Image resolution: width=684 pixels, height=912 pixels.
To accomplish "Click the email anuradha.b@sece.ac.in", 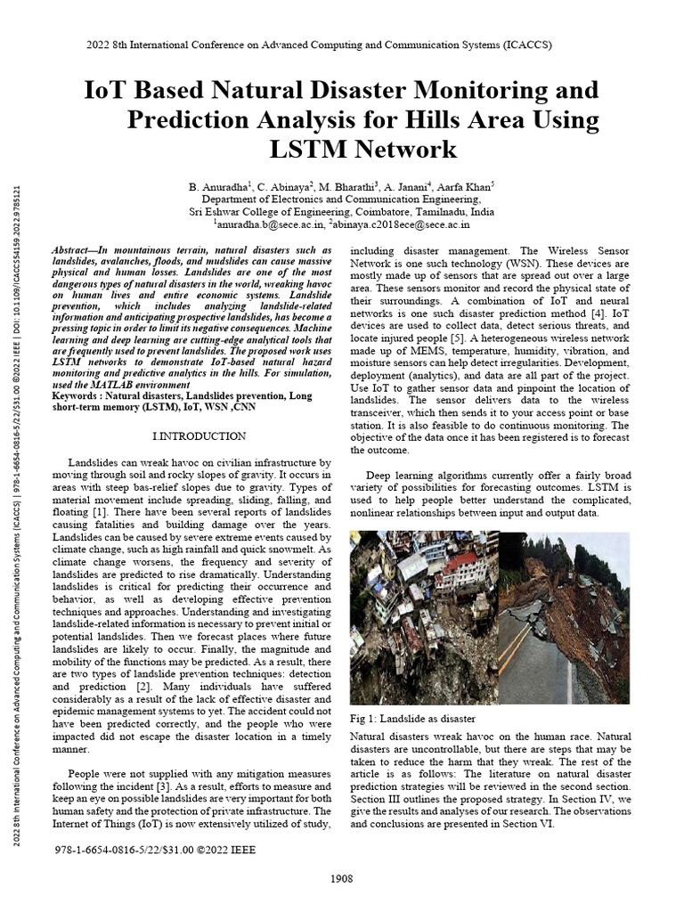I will (267, 225).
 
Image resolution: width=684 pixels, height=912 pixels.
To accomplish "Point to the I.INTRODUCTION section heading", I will (199, 436).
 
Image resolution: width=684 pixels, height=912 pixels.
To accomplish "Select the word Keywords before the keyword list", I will (77, 395).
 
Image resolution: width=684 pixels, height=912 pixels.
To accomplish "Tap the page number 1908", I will (341, 879).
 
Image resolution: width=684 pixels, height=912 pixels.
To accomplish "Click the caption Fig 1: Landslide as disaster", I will (412, 719).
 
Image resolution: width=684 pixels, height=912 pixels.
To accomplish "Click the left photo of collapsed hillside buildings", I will (423, 617).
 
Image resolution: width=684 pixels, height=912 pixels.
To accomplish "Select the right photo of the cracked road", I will (564, 617).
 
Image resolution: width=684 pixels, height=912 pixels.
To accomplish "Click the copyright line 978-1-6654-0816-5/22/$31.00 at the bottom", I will (155, 851).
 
